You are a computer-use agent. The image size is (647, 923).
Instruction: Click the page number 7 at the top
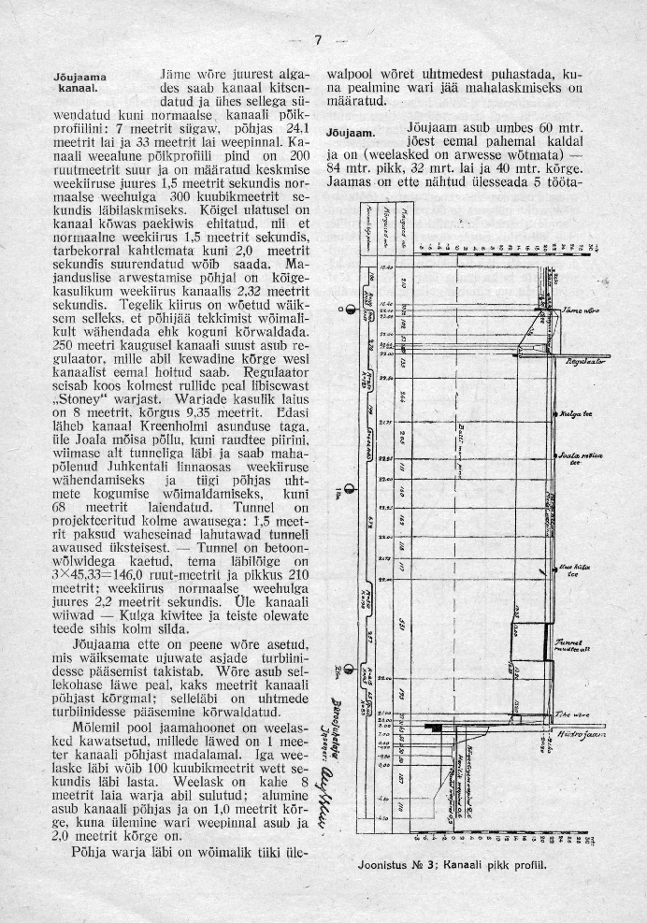[318, 39]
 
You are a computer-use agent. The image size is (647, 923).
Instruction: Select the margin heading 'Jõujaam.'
[351, 133]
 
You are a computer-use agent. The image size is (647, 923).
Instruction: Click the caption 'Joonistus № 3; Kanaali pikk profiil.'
[452, 865]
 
